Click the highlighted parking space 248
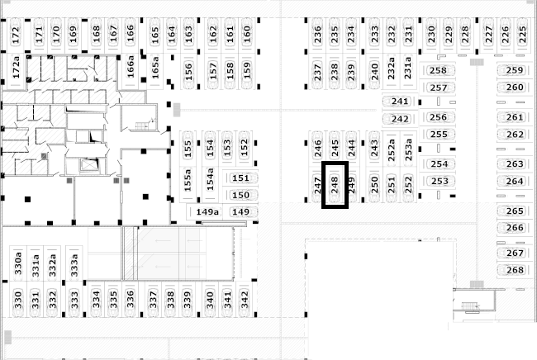point(335,185)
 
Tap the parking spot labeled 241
point(400,102)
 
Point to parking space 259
point(515,70)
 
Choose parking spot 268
point(515,270)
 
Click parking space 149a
point(207,212)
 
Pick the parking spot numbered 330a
point(18,263)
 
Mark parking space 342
point(245,300)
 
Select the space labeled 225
point(522,35)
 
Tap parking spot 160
point(247,35)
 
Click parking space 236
point(317,35)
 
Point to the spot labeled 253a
point(408,149)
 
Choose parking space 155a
point(188,180)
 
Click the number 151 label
point(240,178)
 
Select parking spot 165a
point(155,68)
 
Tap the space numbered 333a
point(74,263)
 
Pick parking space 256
point(439,117)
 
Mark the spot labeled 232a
point(391,71)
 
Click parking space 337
point(153,300)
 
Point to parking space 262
point(515,134)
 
